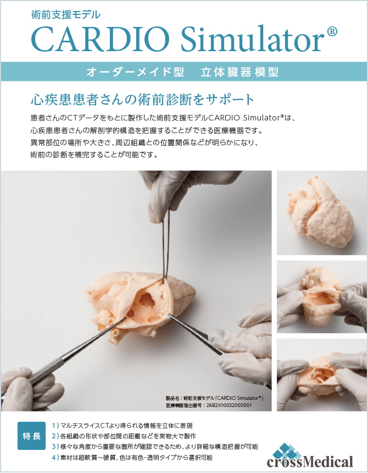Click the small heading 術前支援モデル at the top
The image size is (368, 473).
tap(66, 14)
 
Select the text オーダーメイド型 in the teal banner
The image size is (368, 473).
tap(135, 72)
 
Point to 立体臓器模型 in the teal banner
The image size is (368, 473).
tap(239, 72)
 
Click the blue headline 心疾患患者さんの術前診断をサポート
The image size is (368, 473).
tap(143, 100)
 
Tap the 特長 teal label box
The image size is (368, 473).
tap(32, 436)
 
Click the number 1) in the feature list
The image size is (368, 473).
tap(55, 426)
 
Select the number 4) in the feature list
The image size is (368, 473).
tap(55, 458)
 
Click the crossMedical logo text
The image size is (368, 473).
tap(310, 461)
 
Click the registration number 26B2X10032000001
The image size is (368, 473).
tap(229, 405)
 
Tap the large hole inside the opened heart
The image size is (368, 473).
tap(147, 300)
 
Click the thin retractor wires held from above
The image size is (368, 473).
tap(166, 244)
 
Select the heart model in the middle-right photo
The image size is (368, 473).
tap(321, 297)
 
